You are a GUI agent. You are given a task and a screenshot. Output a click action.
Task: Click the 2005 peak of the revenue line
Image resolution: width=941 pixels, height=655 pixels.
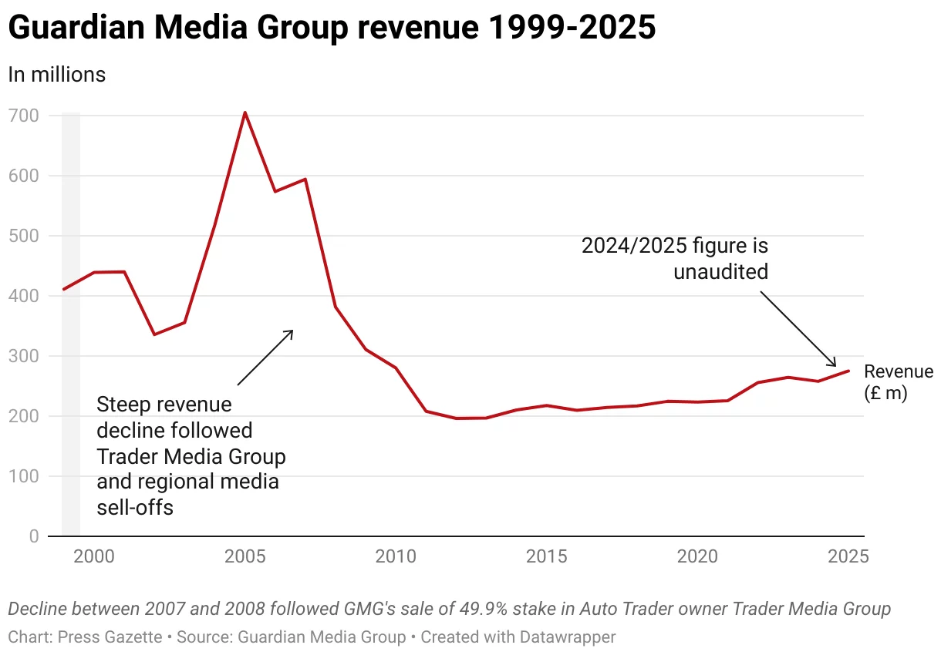pos(245,113)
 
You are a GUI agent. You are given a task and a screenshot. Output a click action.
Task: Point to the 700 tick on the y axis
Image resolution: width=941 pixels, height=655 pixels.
pos(24,116)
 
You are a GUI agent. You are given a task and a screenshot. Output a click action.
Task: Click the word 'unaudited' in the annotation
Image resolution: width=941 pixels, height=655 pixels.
pos(720,272)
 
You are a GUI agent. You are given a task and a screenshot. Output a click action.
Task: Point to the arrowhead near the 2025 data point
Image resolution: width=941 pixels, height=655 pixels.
pos(834,364)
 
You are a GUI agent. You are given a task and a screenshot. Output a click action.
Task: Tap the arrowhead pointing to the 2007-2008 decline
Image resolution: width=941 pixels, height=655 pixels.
pos(290,333)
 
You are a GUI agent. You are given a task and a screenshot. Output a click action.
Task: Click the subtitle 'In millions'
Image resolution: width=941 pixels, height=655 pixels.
pos(56,75)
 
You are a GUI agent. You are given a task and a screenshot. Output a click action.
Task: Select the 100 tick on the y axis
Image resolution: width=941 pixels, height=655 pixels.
pos(24,476)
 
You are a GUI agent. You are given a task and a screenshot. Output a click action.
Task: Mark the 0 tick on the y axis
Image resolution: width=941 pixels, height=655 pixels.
pos(34,536)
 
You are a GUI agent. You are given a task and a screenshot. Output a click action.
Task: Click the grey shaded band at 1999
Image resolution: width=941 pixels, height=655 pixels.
pos(71,324)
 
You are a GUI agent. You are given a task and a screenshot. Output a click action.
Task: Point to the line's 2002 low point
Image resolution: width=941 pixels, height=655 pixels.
pos(154,334)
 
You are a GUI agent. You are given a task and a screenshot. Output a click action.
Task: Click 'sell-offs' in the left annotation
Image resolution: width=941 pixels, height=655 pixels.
pos(135,507)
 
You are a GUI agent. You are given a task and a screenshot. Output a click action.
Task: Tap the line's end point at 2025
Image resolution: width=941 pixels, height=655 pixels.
pos(848,371)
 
